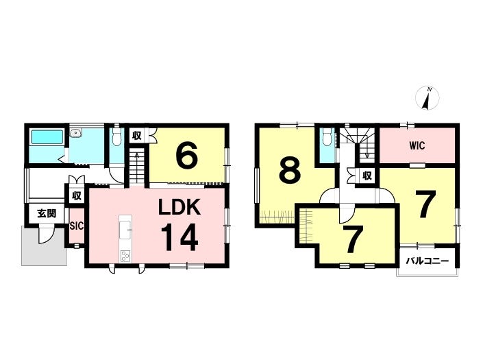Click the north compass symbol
coord(428,98)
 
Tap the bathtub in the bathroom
coord(47,136)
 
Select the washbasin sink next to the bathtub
coord(76,133)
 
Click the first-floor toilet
coord(116,136)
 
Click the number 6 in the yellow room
coord(186,154)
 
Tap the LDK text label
coord(179,207)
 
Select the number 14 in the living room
coord(180,237)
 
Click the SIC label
coord(76,226)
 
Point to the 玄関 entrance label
coord(47,213)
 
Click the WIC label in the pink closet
coord(417,145)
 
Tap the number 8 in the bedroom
coord(290,170)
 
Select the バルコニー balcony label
coord(428,261)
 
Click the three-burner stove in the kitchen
coord(125,256)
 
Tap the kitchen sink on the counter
coord(125,230)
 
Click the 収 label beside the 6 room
coord(137,135)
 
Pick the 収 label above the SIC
coord(76,195)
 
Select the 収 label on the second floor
coord(367,176)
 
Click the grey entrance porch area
coord(44,246)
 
